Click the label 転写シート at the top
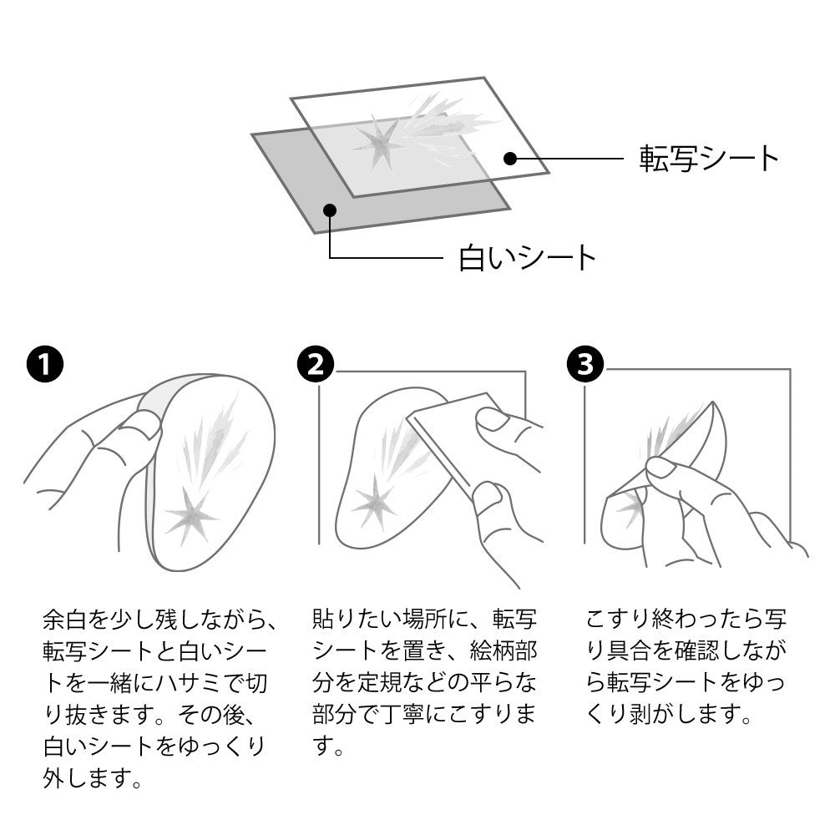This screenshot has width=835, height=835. tap(709, 158)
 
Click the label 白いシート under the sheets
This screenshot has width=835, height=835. tap(527, 258)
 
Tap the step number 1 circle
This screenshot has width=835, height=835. tap(45, 365)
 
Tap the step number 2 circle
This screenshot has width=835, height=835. tap(316, 365)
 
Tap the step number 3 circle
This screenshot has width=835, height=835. tap(585, 365)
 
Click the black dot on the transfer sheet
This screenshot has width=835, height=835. tap(510, 158)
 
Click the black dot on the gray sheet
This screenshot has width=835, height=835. tap(330, 210)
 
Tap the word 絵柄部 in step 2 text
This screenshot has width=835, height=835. tap(504, 650)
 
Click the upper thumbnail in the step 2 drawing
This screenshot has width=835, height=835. tap(491, 418)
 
